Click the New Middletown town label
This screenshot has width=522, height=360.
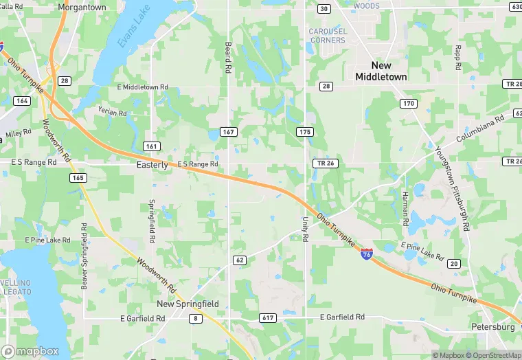[x=381, y=71]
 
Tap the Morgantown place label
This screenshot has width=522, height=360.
[x=82, y=7]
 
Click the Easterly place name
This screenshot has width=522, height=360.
[x=152, y=165]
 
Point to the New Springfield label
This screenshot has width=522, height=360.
[x=188, y=304]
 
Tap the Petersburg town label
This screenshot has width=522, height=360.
[x=493, y=327]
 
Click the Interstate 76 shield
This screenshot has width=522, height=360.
[x=367, y=254]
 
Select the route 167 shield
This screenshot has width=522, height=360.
[x=229, y=131]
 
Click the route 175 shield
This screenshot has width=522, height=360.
[x=305, y=131]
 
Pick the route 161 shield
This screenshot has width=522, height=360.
[x=152, y=146]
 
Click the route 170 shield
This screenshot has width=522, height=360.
[x=409, y=104]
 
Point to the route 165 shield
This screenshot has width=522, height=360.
[x=78, y=178]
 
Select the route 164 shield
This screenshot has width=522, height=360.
[x=22, y=101]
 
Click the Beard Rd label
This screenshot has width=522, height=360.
[x=228, y=57]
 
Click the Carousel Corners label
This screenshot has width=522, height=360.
[x=327, y=36]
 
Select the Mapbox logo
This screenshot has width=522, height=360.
[x=30, y=351]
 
